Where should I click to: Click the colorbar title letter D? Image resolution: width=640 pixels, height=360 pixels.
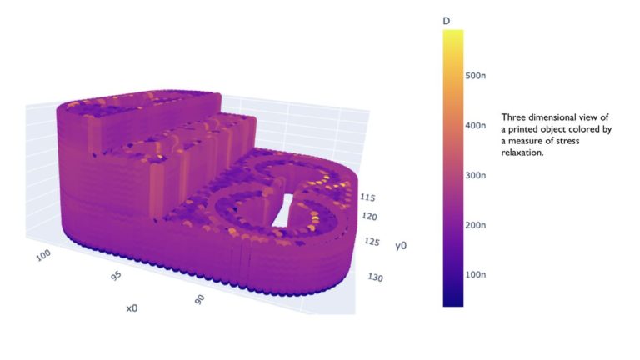click(x=447, y=20)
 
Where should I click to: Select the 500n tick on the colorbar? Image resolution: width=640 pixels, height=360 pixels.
click(x=476, y=76)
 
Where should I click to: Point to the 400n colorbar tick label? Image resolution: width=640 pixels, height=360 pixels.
click(x=476, y=126)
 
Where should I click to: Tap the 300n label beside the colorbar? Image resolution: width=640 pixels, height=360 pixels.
click(x=476, y=175)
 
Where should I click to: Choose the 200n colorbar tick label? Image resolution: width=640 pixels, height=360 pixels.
click(x=476, y=225)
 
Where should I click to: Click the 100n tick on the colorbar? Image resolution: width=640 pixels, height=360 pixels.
click(x=476, y=274)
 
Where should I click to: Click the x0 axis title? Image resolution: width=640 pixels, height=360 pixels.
click(x=132, y=307)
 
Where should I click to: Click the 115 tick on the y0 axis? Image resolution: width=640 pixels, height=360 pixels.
click(x=367, y=198)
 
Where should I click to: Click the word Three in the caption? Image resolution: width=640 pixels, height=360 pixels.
click(x=514, y=117)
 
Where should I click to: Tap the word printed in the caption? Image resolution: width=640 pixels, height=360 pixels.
click(x=521, y=129)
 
